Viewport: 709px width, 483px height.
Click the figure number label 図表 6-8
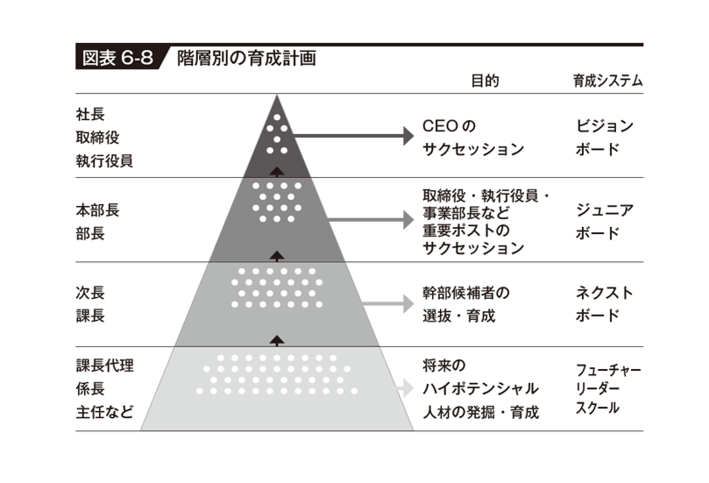click(117, 59)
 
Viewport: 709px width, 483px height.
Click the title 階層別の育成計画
click(246, 59)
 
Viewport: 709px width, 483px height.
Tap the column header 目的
click(486, 81)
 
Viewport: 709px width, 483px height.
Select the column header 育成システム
click(607, 81)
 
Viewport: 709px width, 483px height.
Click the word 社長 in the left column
click(90, 115)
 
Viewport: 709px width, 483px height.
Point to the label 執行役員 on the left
click(104, 161)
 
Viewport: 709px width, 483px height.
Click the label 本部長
click(97, 210)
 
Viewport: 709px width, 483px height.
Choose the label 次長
click(90, 293)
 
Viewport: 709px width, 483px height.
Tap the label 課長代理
click(104, 366)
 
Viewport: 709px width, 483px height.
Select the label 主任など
click(104, 413)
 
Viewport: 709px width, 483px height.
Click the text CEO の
click(449, 126)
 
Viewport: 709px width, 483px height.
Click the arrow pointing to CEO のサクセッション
click(353, 136)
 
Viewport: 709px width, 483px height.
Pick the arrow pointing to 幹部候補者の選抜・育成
click(388, 303)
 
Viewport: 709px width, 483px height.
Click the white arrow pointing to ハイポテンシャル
click(404, 388)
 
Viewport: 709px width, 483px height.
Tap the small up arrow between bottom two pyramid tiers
click(277, 340)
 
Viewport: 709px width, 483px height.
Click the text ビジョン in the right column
click(605, 126)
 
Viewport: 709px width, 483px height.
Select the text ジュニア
click(605, 210)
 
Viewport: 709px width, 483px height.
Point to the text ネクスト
click(605, 293)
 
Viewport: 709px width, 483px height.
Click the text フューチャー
click(608, 371)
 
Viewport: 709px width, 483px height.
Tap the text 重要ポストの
click(466, 231)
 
